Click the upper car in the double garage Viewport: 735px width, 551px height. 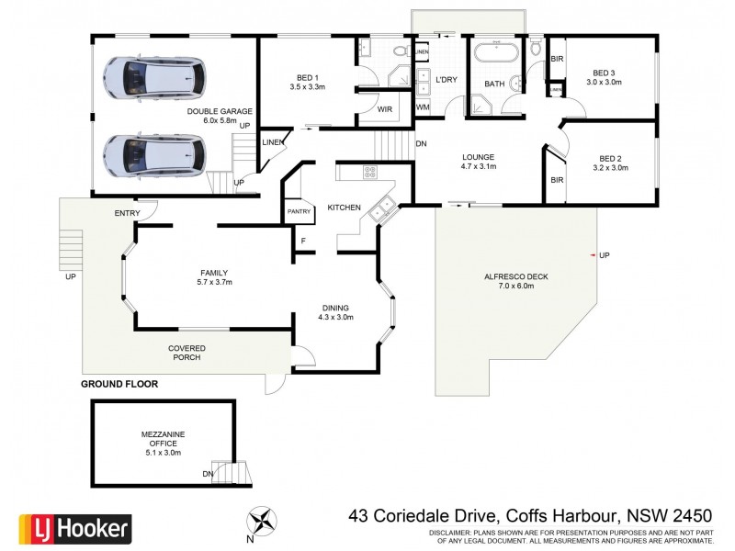pos(153,77)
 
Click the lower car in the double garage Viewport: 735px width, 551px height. pos(153,155)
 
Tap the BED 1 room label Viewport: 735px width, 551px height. pos(308,78)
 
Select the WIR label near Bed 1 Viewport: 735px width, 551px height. pos(385,109)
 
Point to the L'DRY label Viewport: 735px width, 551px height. pos(447,80)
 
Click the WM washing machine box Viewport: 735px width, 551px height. pos(423,107)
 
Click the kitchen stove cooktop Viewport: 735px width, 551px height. pos(371,171)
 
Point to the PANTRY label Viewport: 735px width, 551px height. pos(299,211)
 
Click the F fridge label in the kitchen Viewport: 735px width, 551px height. pos(302,241)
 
